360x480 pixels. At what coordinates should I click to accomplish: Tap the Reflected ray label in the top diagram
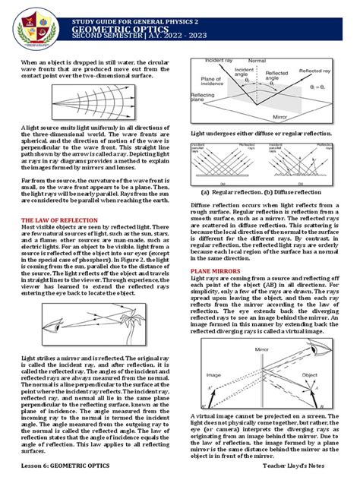click(314, 73)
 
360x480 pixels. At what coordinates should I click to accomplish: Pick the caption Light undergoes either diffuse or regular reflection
click(271, 134)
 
